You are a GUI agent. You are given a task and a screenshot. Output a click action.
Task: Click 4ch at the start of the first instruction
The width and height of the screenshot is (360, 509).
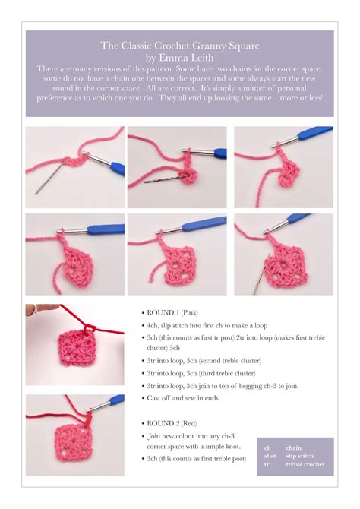coord(153,324)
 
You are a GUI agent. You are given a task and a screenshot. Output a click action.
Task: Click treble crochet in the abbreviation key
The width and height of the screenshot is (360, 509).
coord(305,463)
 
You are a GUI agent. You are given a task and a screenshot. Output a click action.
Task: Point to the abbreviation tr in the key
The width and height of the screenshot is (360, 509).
coord(267,463)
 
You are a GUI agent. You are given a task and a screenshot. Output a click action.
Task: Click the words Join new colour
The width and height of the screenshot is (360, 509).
coord(177,436)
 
